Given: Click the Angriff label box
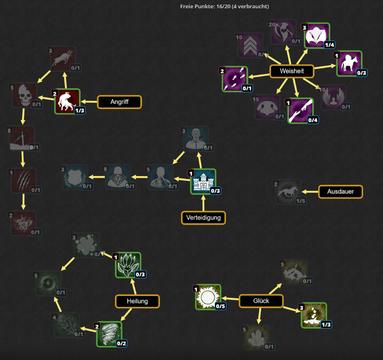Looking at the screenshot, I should (119, 102).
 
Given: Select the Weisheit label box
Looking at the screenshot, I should (292, 71).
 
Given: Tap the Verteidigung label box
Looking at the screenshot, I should (203, 217).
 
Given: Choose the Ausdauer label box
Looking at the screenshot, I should (341, 192).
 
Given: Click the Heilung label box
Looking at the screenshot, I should (137, 301).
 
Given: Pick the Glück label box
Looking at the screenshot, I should (261, 301).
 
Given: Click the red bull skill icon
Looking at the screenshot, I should (67, 101).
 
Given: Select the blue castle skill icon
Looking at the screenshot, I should (203, 181).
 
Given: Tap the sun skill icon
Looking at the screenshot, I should (208, 297).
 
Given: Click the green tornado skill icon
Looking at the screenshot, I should (109, 334).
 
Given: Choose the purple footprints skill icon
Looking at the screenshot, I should (235, 79).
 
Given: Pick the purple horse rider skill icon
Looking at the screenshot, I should (349, 64).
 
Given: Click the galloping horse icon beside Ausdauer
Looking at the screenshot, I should (288, 191).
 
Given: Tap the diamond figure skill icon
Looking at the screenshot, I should (118, 177).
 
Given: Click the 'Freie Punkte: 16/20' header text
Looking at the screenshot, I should (224, 6).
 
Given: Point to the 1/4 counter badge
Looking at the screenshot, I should (330, 45).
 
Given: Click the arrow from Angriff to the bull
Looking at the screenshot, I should (89, 102).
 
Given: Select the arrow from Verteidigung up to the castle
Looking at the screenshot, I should (203, 203).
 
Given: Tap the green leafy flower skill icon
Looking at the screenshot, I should (128, 265).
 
